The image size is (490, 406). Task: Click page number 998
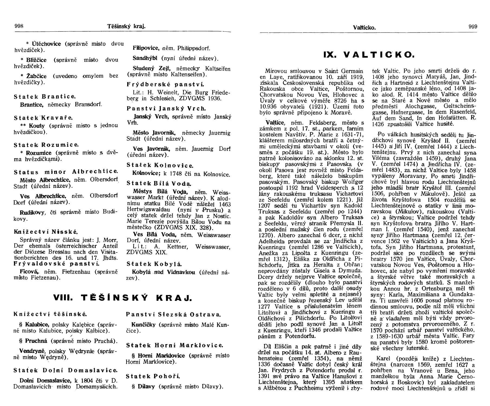[19, 26]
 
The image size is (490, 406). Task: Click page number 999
[473, 27]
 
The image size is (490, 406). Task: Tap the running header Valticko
[364, 28]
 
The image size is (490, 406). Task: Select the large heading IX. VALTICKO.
[369, 55]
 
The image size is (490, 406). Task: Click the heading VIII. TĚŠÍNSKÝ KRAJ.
[123, 298]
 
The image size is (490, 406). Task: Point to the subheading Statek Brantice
[45, 97]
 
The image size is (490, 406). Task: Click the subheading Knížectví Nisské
[46, 232]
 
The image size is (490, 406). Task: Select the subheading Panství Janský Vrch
[166, 109]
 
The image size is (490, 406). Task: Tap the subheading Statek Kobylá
[154, 264]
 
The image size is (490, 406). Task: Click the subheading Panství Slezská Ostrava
[174, 315]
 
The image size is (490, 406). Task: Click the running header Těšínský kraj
[126, 27]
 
